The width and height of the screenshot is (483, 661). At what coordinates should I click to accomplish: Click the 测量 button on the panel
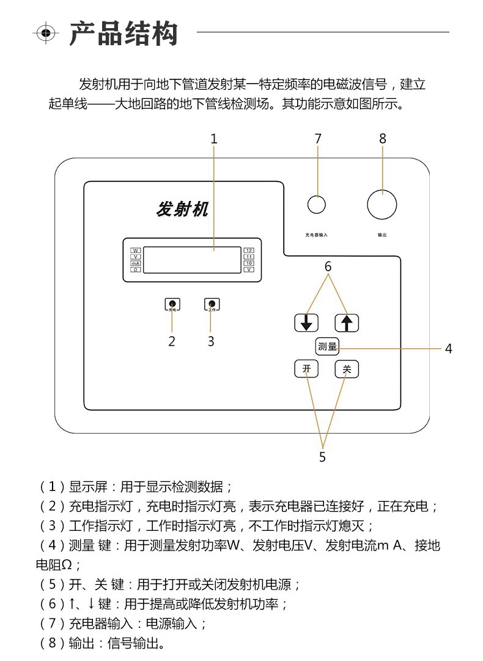click(328, 346)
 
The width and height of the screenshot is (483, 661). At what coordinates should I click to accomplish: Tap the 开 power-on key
click(307, 369)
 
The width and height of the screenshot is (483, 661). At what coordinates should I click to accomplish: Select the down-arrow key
click(306, 323)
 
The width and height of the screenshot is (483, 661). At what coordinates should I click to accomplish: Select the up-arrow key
click(347, 323)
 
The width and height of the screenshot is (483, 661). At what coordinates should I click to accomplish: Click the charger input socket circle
click(316, 205)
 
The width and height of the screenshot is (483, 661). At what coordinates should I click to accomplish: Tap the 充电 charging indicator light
click(172, 304)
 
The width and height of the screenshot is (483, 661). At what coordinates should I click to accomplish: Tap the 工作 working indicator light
click(212, 304)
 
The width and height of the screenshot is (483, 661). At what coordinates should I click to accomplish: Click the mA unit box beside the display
click(136, 263)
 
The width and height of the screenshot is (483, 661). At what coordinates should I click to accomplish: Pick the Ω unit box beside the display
click(136, 269)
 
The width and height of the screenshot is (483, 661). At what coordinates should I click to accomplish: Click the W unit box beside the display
click(136, 250)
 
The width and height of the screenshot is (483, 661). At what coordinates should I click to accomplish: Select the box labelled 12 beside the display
click(249, 250)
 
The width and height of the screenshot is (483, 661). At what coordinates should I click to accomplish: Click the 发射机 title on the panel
click(182, 210)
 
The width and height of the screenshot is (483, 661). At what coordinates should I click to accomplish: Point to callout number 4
click(448, 349)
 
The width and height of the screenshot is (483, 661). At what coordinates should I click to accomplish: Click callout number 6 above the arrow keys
click(328, 267)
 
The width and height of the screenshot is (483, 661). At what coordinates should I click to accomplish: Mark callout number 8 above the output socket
click(383, 139)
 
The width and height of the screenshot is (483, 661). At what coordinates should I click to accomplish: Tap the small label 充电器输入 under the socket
click(317, 235)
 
